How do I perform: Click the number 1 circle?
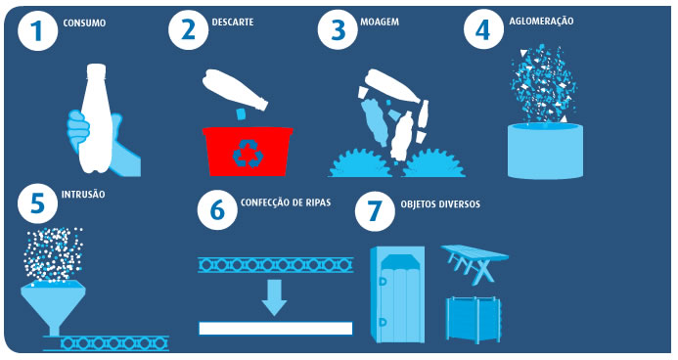coord(37,30)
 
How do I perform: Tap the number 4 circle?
coord(483,29)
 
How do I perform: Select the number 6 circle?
coord(217,209)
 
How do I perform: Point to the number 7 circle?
coord(375,210)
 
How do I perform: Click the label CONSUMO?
coord(84,22)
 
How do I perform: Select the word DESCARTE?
coord(233,22)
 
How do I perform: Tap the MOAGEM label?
coord(380,22)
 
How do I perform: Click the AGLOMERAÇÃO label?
coord(541,21)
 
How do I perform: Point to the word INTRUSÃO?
coord(83,195)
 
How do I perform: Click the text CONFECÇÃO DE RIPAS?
coord(286,202)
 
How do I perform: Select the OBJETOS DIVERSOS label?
coord(440,204)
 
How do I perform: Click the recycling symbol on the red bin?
coord(248,153)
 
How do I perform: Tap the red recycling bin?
coord(248,151)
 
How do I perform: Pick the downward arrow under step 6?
coord(274,297)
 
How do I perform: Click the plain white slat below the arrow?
coord(276,329)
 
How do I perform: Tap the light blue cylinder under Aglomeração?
coord(545,151)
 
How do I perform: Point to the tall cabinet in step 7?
coord(397,294)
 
